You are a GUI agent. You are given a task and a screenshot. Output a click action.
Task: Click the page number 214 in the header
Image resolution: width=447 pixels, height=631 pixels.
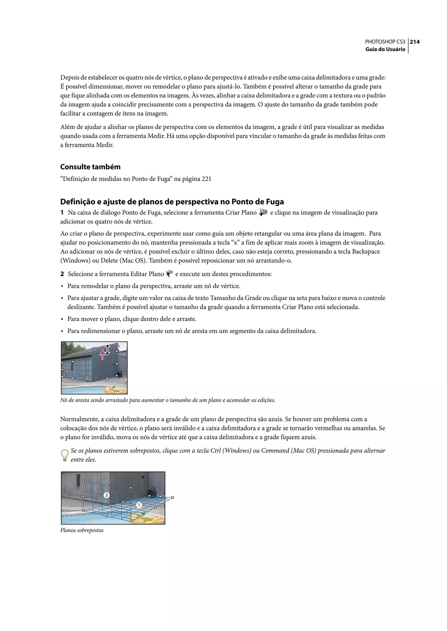[x=415, y=42]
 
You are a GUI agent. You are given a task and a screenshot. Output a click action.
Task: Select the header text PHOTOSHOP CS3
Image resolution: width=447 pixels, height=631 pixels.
[x=385, y=42]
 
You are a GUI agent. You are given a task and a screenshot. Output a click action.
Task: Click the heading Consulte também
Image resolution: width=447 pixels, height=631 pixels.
[x=90, y=167]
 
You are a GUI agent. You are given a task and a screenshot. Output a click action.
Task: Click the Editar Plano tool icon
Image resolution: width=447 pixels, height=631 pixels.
[x=170, y=274]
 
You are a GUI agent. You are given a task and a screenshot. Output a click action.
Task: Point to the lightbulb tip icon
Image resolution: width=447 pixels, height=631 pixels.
[x=64, y=455]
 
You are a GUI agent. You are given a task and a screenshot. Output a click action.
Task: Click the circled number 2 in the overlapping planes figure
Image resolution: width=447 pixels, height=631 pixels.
[x=107, y=495]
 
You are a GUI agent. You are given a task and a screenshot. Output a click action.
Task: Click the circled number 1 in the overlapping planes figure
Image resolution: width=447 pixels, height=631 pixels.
[x=139, y=505]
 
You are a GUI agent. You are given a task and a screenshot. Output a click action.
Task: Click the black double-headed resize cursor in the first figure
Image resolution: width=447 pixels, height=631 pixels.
[x=108, y=349]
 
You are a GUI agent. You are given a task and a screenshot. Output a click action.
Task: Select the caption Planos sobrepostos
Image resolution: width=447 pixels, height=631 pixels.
[x=82, y=530]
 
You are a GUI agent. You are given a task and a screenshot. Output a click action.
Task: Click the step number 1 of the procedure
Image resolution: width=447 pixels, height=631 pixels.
[x=62, y=213]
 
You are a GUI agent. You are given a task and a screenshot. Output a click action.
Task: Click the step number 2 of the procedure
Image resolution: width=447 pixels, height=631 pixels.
[x=62, y=274]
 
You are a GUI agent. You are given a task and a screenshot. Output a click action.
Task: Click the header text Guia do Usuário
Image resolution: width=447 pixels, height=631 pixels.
[x=385, y=49]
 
